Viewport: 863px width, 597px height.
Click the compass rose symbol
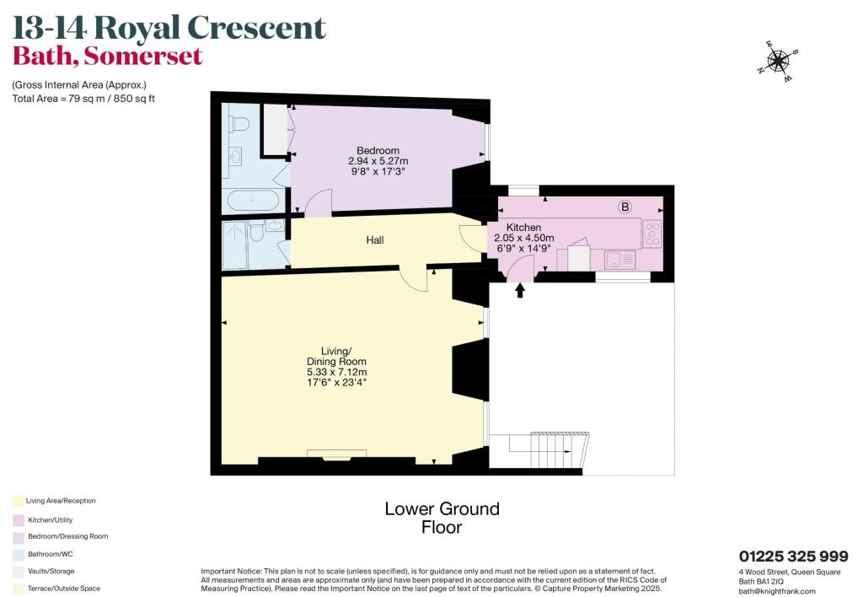point(778,60)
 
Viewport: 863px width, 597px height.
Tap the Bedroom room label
point(378,150)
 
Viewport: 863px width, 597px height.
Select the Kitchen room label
point(523,228)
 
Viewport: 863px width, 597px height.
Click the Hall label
point(375,240)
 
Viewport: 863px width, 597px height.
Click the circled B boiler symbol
point(625,207)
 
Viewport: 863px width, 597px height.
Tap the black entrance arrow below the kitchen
point(519,290)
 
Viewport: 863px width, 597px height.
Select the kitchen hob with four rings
point(652,234)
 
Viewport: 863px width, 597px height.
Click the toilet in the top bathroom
point(240,125)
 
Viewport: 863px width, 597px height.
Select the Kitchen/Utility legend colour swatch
point(18,519)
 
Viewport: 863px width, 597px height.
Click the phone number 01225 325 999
point(793,557)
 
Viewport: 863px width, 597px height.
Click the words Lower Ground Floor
point(442,518)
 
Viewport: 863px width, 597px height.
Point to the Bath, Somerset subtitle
point(107,56)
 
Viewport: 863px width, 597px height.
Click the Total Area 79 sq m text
point(83,99)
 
